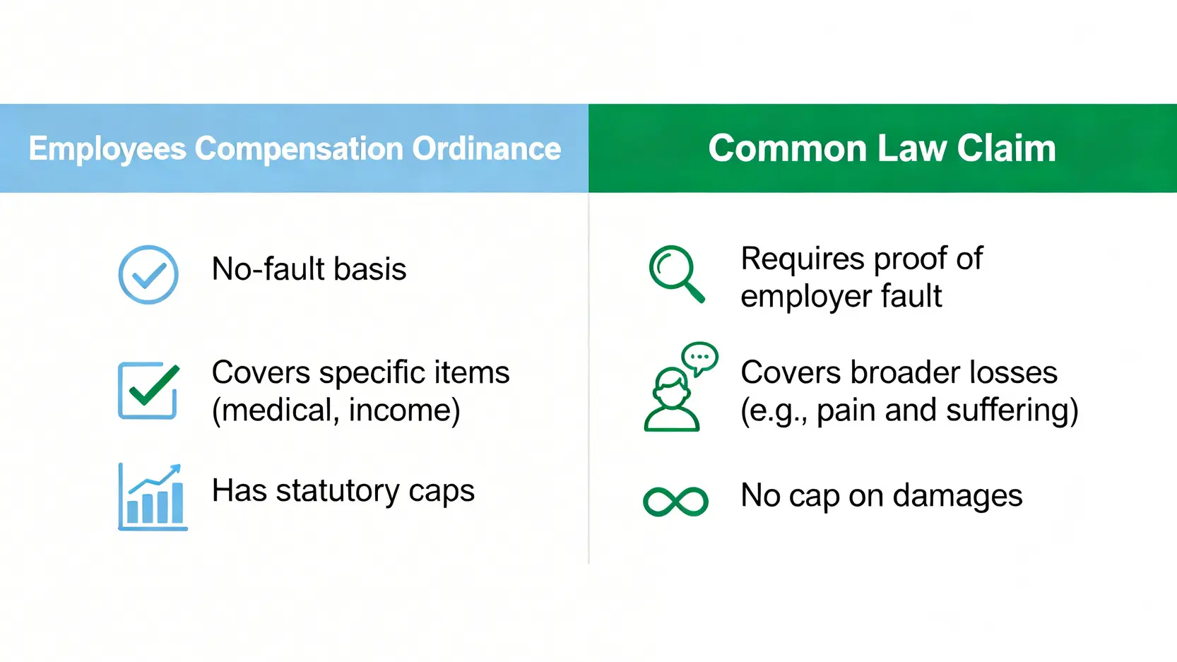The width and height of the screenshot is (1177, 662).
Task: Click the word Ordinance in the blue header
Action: click(x=487, y=148)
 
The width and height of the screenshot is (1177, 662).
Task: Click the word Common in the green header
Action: click(x=787, y=148)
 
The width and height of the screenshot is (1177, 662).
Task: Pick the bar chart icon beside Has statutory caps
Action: click(x=153, y=497)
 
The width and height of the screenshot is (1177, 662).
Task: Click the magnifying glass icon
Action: click(x=676, y=274)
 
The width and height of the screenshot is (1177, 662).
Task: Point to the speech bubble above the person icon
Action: click(x=699, y=359)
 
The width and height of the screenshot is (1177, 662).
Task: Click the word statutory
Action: click(x=337, y=491)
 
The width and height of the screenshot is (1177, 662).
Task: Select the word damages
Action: click(x=957, y=495)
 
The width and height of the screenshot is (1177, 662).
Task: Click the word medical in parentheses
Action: click(x=275, y=410)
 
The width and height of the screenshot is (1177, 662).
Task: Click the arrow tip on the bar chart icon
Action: click(x=179, y=466)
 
